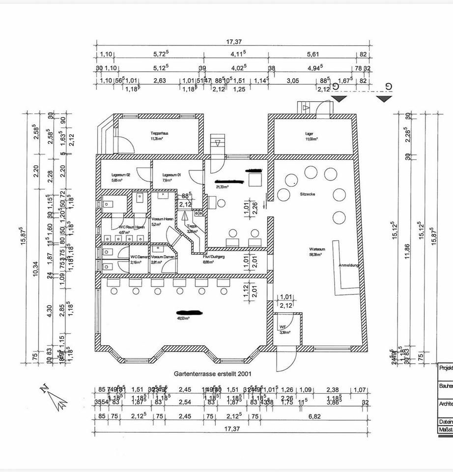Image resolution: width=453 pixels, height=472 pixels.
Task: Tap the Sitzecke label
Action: pos(308,194)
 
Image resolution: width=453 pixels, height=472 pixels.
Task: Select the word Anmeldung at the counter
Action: pos(349,265)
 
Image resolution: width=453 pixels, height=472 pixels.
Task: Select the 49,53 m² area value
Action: pos(184,318)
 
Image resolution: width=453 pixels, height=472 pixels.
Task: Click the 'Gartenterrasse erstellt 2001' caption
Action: pos(213,374)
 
